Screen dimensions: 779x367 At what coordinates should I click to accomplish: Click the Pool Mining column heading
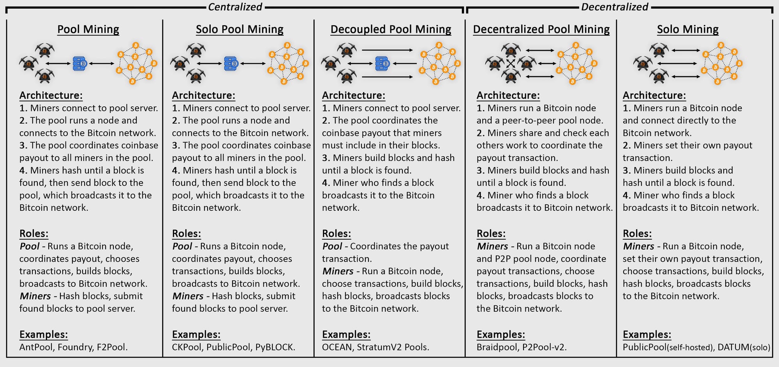coord(88,29)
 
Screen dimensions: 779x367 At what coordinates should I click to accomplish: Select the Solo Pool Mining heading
coord(240,29)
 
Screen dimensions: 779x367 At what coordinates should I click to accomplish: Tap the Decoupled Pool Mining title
coord(391,29)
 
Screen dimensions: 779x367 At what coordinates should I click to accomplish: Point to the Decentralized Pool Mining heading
coord(541,29)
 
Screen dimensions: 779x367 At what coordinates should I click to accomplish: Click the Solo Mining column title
coord(687,29)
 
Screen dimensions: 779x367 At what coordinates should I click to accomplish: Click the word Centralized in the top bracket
coord(235,7)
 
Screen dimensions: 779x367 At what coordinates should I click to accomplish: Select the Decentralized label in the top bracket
coord(615,7)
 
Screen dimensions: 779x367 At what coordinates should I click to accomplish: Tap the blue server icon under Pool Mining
coord(80,64)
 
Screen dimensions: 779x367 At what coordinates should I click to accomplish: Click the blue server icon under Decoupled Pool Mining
coord(382,64)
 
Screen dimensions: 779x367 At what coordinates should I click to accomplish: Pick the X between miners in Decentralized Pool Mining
coord(510,64)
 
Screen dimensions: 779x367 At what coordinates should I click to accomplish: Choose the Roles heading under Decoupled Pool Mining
coord(337,234)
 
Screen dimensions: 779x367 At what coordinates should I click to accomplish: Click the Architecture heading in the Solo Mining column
coord(654,95)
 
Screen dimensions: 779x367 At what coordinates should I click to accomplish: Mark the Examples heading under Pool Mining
coord(44,335)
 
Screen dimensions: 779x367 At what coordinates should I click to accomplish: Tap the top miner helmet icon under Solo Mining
coord(659,50)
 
